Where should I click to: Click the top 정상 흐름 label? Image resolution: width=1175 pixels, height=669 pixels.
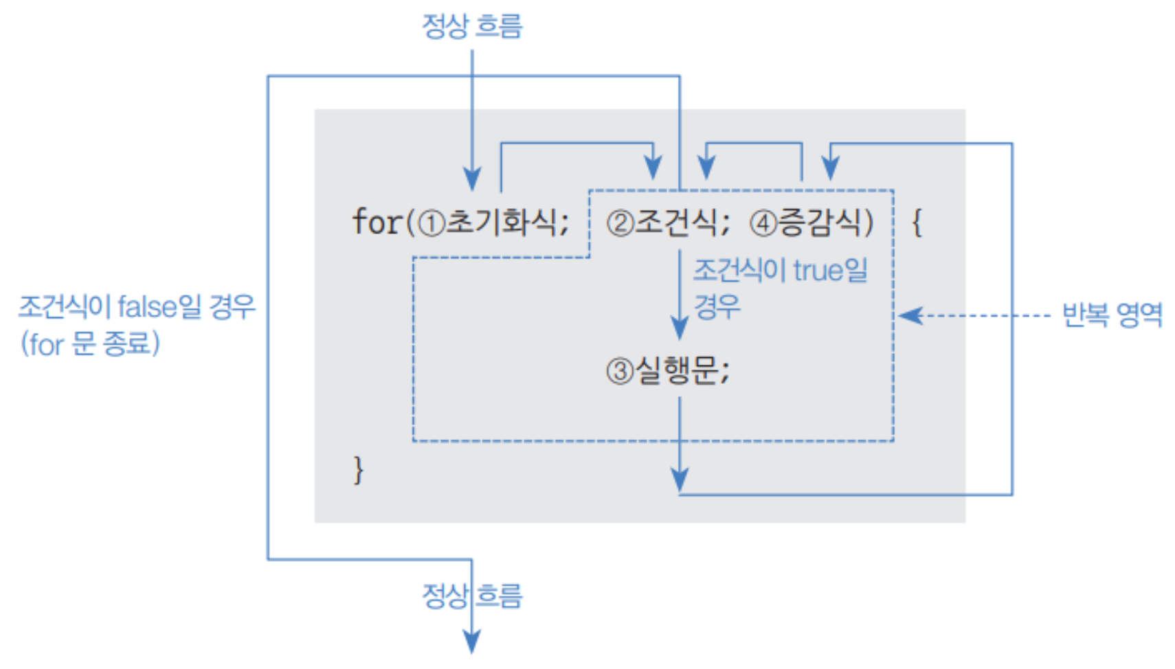tap(472, 26)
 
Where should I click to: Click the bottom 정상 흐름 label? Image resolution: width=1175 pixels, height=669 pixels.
tap(472, 595)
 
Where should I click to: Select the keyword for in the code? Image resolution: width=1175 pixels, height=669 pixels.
tap(376, 222)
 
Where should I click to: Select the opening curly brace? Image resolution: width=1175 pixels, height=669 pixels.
tap(917, 223)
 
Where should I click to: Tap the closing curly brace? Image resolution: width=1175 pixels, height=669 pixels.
tap(358, 470)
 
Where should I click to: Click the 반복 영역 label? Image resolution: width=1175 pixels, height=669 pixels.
tap(1112, 315)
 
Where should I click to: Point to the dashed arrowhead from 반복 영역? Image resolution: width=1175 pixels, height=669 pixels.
tap(909, 315)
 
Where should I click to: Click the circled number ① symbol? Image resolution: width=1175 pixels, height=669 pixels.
tap(432, 223)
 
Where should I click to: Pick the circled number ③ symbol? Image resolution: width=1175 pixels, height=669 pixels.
tap(619, 372)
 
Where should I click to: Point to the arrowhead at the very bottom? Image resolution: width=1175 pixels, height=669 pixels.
tap(471, 643)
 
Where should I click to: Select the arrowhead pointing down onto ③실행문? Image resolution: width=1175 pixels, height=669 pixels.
tap(680, 328)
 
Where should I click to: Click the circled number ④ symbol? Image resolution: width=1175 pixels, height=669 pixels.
tap(763, 223)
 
